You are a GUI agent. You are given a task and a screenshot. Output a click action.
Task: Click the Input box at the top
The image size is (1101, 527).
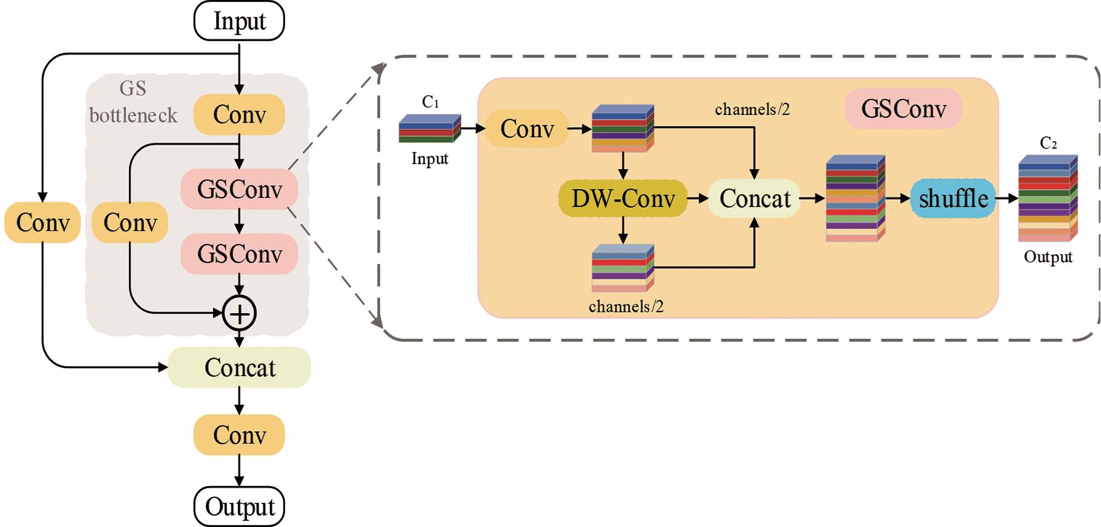click(239, 21)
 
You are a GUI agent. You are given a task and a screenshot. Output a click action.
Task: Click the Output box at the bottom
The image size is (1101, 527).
click(239, 506)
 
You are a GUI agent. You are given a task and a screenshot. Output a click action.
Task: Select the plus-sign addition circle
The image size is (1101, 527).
click(240, 313)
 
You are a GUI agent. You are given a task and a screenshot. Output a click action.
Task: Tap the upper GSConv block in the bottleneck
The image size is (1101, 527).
click(239, 190)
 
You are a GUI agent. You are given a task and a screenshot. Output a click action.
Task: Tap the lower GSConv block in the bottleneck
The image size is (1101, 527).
click(239, 254)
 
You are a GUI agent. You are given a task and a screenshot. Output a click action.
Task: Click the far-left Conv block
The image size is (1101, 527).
click(42, 222)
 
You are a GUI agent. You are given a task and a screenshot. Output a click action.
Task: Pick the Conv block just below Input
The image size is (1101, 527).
click(239, 114)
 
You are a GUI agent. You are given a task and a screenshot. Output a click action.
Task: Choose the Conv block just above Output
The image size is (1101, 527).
click(239, 435)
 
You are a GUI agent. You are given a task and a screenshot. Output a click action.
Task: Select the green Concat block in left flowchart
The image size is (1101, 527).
click(239, 367)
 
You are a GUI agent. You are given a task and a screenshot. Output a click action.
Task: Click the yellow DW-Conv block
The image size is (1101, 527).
click(623, 198)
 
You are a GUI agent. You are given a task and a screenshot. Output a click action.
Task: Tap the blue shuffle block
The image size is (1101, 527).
click(953, 198)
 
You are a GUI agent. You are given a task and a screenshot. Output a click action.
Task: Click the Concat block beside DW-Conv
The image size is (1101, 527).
click(754, 198)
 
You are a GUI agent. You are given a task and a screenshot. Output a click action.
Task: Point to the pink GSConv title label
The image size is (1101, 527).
click(903, 109)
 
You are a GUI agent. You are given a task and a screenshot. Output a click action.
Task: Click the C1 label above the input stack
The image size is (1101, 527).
click(430, 102)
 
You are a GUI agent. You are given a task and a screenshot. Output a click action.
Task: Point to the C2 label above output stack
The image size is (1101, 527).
click(1048, 143)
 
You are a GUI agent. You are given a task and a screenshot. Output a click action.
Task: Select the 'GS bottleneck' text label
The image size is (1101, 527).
click(133, 102)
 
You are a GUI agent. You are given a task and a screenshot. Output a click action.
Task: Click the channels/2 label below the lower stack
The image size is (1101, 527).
click(626, 307)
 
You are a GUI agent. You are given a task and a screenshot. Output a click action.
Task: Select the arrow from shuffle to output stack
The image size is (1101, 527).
click(1007, 198)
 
